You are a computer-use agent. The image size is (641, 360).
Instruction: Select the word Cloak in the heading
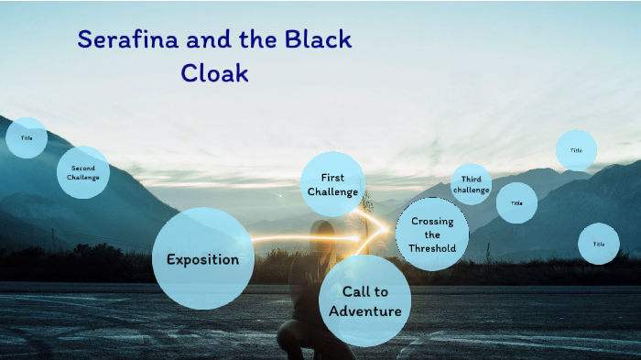[x=214, y=73]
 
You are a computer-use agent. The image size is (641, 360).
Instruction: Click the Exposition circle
[x=202, y=259]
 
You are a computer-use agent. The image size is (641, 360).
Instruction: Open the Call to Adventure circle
[x=364, y=301]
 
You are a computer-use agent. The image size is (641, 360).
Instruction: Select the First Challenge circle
[x=332, y=184]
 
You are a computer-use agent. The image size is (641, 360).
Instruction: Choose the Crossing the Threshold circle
[x=432, y=235]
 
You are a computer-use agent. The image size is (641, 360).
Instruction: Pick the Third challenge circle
[x=472, y=184]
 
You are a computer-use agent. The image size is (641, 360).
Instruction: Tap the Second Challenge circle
[x=83, y=173]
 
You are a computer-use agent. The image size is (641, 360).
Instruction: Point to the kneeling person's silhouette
[x=316, y=293]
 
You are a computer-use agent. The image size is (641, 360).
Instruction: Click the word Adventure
[x=365, y=311]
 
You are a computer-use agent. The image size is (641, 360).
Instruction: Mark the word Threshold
[x=432, y=248]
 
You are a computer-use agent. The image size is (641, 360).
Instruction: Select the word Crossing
[x=432, y=222]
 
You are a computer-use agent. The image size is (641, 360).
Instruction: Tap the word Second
[x=83, y=169]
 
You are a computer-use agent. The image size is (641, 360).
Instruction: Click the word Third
[x=472, y=179]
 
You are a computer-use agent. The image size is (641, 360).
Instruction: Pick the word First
[x=332, y=178]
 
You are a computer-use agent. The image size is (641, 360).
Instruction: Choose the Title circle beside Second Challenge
[x=27, y=138]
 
